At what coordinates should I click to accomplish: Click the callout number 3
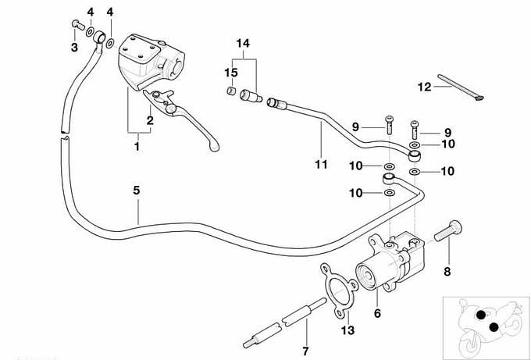pyautogui.click(x=75, y=48)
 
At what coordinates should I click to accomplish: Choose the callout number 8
pyautogui.click(x=447, y=273)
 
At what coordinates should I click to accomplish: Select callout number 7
pyautogui.click(x=305, y=351)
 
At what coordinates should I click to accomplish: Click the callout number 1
pyautogui.click(x=137, y=146)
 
